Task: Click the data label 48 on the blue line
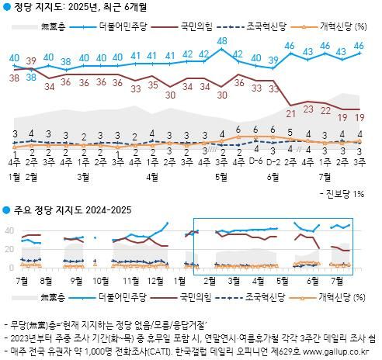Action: (x=222, y=40)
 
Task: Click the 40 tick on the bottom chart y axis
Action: (x=9, y=230)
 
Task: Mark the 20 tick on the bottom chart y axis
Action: (x=9, y=248)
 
